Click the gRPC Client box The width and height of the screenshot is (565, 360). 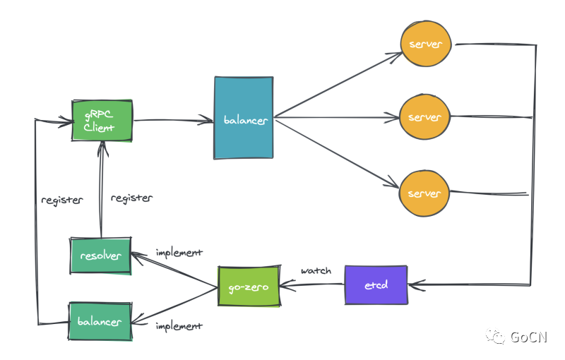tap(102, 121)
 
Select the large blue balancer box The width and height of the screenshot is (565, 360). tap(244, 118)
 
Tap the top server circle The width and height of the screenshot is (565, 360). tap(426, 44)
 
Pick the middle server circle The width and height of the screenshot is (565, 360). tap(425, 117)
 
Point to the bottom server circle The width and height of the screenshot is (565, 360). tap(424, 193)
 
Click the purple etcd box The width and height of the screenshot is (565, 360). tap(376, 285)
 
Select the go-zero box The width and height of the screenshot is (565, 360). tap(249, 287)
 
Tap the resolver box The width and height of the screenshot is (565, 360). tap(100, 256)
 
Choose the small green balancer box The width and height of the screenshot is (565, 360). tap(100, 321)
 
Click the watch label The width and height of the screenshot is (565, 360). tap(316, 270)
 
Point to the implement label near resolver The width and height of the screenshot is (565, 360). tap(179, 253)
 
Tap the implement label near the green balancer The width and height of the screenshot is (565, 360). tap(179, 326)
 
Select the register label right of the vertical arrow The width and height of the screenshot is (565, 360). tap(131, 198)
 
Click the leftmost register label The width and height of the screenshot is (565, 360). tap(62, 200)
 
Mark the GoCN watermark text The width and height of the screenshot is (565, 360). tap(528, 337)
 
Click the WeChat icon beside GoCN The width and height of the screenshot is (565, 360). tap(495, 337)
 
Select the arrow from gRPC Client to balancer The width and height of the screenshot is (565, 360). tap(173, 120)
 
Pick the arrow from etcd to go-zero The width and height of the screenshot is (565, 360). tap(312, 284)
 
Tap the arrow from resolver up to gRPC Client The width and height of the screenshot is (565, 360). tap(102, 189)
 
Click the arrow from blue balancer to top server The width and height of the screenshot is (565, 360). tap(338, 85)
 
